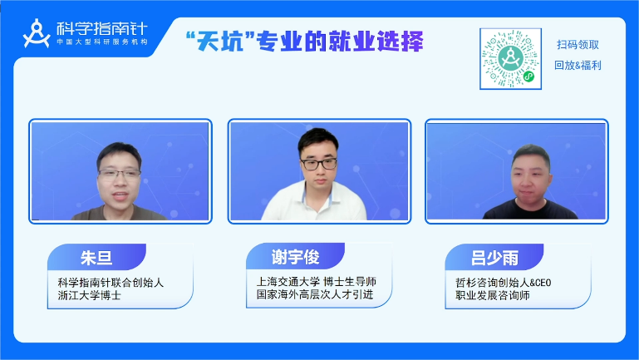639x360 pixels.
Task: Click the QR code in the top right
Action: (510, 59)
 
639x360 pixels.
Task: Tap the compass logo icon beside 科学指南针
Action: (37, 33)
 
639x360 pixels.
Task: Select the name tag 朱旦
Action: (96, 257)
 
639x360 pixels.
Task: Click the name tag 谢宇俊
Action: (296, 256)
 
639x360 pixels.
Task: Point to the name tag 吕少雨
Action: (494, 257)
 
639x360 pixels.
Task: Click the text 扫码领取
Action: (578, 44)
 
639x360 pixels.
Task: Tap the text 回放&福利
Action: (578, 65)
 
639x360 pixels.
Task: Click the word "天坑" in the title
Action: (220, 42)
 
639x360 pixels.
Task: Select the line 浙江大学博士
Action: (89, 295)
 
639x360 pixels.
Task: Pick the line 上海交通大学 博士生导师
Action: (317, 282)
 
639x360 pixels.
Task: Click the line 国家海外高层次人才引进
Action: (315, 294)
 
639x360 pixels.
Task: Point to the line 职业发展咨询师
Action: (492, 295)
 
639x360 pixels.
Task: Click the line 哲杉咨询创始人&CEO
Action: (504, 283)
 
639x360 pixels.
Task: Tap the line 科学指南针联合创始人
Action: (111, 283)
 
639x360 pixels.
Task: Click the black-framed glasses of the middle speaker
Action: (319, 164)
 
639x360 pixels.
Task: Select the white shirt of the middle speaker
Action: (314, 203)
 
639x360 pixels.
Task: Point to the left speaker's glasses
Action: (120, 175)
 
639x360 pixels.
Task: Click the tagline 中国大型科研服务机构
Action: (102, 42)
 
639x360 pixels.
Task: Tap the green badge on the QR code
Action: (528, 76)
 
